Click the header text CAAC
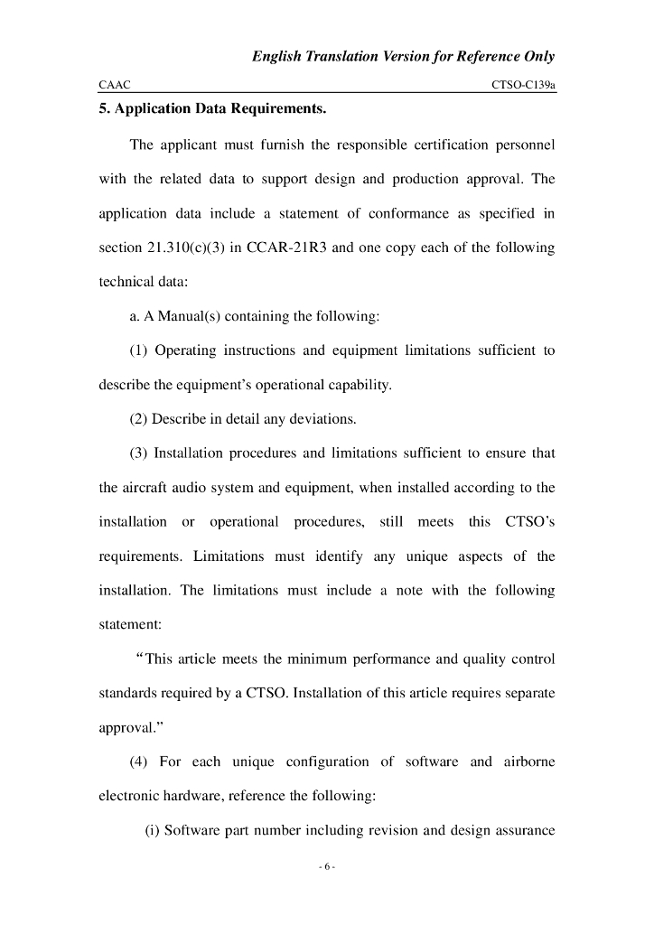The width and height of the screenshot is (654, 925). (115, 84)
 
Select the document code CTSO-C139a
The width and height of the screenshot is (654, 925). (523, 84)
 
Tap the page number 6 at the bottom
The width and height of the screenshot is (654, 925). (327, 868)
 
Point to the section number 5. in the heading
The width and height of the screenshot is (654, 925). (104, 110)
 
